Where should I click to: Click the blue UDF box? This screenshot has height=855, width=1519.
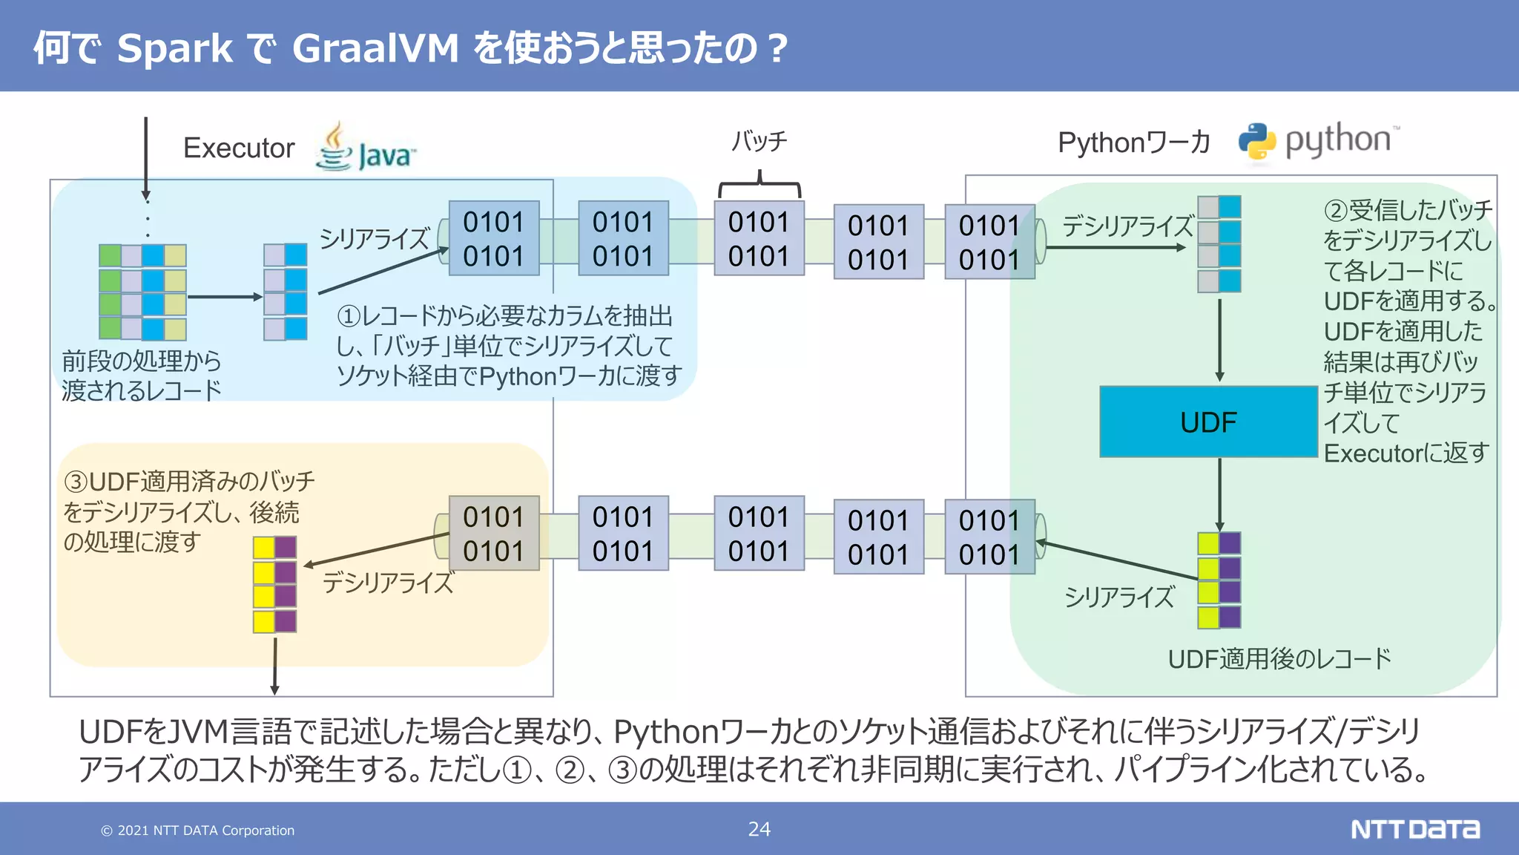point(1207,422)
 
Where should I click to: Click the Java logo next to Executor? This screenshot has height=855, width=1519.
point(365,148)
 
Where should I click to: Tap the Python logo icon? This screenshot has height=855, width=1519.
point(1256,141)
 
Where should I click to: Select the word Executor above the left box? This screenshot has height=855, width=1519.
point(239,148)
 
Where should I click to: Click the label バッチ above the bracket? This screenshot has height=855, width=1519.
point(759,141)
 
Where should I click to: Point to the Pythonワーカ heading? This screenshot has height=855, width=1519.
point(1133,142)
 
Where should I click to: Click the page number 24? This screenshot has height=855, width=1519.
point(759,829)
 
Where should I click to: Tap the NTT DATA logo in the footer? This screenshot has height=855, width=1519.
point(1414,829)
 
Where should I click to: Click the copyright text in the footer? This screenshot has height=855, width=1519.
point(198,831)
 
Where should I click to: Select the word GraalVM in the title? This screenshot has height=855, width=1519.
point(375,48)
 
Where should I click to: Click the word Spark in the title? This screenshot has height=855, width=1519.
point(175,48)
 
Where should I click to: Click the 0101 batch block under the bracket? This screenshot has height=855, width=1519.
point(759,239)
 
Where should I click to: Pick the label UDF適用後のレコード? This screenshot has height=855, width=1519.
point(1279,658)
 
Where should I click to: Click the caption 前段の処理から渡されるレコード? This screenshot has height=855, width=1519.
point(141,376)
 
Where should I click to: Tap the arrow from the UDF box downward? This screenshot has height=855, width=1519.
point(1219,494)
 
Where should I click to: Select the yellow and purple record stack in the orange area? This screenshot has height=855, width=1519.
point(274,584)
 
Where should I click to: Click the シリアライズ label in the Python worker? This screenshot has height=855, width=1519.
point(1119,596)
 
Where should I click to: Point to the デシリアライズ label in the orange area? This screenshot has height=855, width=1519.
point(388,583)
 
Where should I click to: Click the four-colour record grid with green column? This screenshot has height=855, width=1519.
point(142,292)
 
